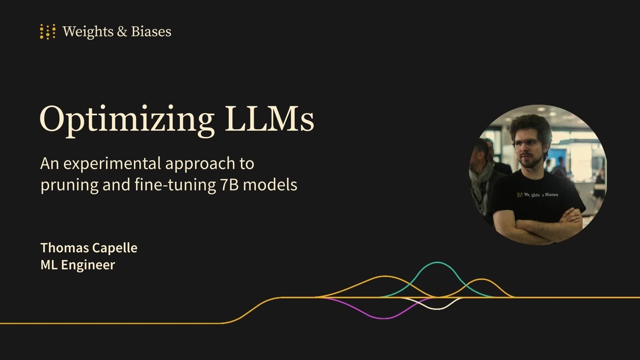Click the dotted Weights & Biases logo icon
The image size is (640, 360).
pyautogui.click(x=47, y=31)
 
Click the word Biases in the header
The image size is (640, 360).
pyautogui.click(x=151, y=31)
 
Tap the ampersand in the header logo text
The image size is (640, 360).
pyautogui.click(x=122, y=31)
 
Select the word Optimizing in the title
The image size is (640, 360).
pyautogui.click(x=127, y=120)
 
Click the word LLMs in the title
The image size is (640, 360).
pyautogui.click(x=269, y=118)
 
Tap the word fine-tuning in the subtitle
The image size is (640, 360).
pyautogui.click(x=175, y=185)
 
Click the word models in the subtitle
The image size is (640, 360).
pyautogui.click(x=270, y=185)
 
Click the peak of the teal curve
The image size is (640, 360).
pyautogui.click(x=437, y=262)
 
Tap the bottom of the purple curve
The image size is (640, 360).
pyautogui.click(x=385, y=318)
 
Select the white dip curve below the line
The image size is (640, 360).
pyautogui.click(x=437, y=309)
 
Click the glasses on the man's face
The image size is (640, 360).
pyautogui.click(x=527, y=143)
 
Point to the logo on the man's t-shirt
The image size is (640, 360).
pyautogui.click(x=538, y=195)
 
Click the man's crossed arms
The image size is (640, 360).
pyautogui.click(x=537, y=226)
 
